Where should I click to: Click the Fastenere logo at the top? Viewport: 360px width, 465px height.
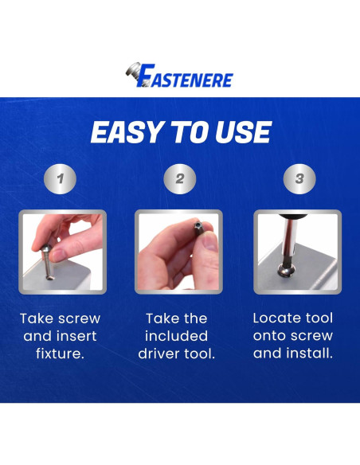(179, 77)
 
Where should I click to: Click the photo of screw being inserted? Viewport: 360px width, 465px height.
(61, 252)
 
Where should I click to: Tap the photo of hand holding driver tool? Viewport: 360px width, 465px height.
(179, 252)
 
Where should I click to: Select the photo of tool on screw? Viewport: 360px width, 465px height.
(298, 252)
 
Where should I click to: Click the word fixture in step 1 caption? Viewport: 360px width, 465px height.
(60, 353)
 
